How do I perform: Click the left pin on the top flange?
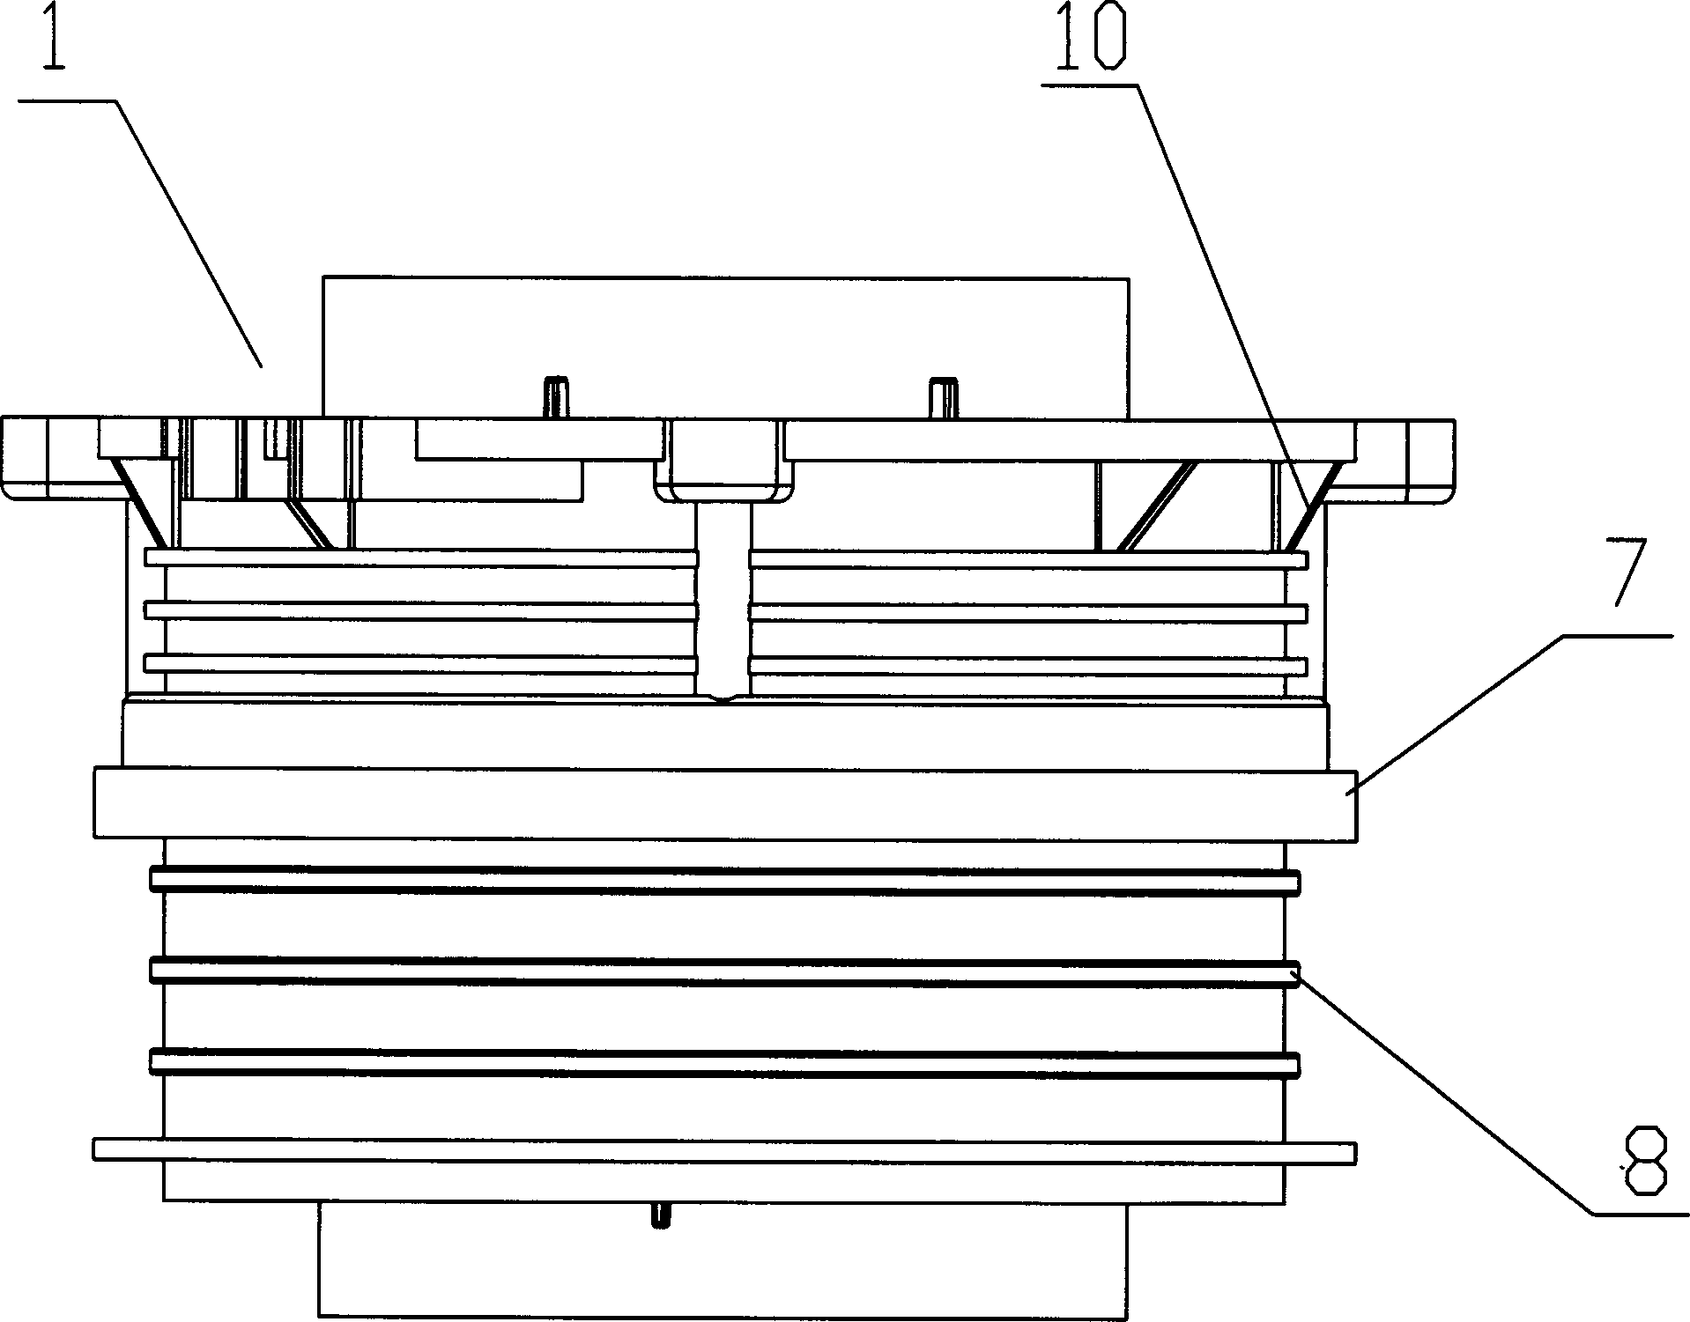[x=556, y=398]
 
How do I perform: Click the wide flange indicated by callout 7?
[x=724, y=804]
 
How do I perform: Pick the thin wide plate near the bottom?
[x=724, y=1151]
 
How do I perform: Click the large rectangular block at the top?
[x=725, y=348]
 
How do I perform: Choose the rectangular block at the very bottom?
[x=723, y=1259]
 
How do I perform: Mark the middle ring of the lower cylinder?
[x=724, y=972]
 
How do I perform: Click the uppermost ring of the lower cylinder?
[x=724, y=882]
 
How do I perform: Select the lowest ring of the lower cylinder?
[x=724, y=1063]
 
